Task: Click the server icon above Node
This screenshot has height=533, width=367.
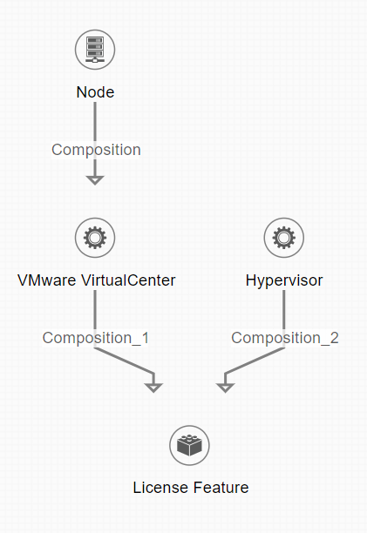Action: click(x=95, y=50)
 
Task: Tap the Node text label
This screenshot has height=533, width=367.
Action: click(x=95, y=92)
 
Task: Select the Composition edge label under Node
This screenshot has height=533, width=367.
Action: click(x=96, y=150)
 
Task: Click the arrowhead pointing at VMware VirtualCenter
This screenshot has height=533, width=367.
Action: click(x=95, y=180)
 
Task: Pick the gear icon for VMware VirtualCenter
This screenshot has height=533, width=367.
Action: click(x=95, y=238)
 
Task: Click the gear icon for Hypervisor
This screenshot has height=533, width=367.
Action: click(x=283, y=238)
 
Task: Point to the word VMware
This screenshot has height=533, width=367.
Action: click(x=46, y=280)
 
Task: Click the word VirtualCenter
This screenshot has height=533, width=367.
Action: click(x=128, y=280)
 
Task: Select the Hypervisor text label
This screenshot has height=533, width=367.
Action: click(x=284, y=280)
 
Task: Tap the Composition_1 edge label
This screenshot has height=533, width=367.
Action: click(x=96, y=338)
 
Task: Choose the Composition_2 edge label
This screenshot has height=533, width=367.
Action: click(x=285, y=338)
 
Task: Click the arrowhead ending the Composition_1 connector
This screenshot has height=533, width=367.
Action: click(x=153, y=388)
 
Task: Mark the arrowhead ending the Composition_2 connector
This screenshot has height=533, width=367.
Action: click(x=225, y=388)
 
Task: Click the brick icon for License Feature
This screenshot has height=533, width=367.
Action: click(x=189, y=445)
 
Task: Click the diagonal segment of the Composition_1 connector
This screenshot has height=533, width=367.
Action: click(x=124, y=361)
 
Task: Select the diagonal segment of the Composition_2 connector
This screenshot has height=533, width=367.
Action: click(x=255, y=361)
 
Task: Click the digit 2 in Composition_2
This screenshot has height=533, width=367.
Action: click(x=335, y=338)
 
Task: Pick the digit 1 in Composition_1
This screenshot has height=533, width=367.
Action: click(x=146, y=338)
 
